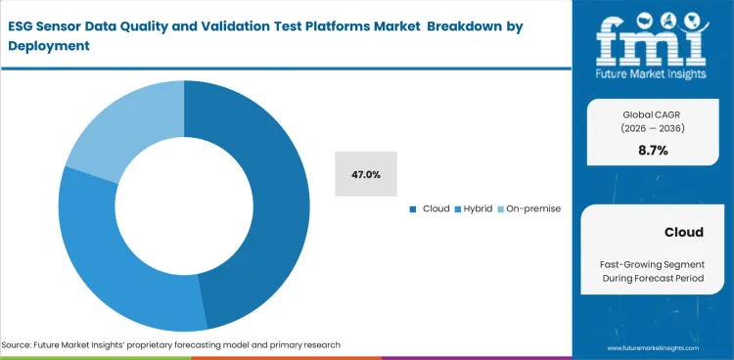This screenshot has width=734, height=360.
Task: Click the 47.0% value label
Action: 366,175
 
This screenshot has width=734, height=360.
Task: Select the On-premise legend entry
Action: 531,208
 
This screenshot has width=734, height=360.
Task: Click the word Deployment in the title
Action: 49,46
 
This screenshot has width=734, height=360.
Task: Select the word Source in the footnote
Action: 17,344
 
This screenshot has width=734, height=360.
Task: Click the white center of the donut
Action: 184,205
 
